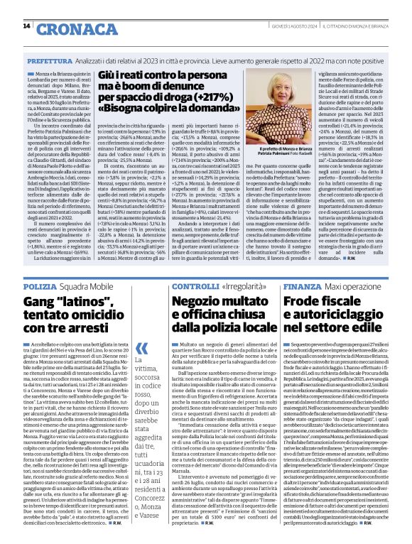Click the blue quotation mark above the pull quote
(x=142, y=346)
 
